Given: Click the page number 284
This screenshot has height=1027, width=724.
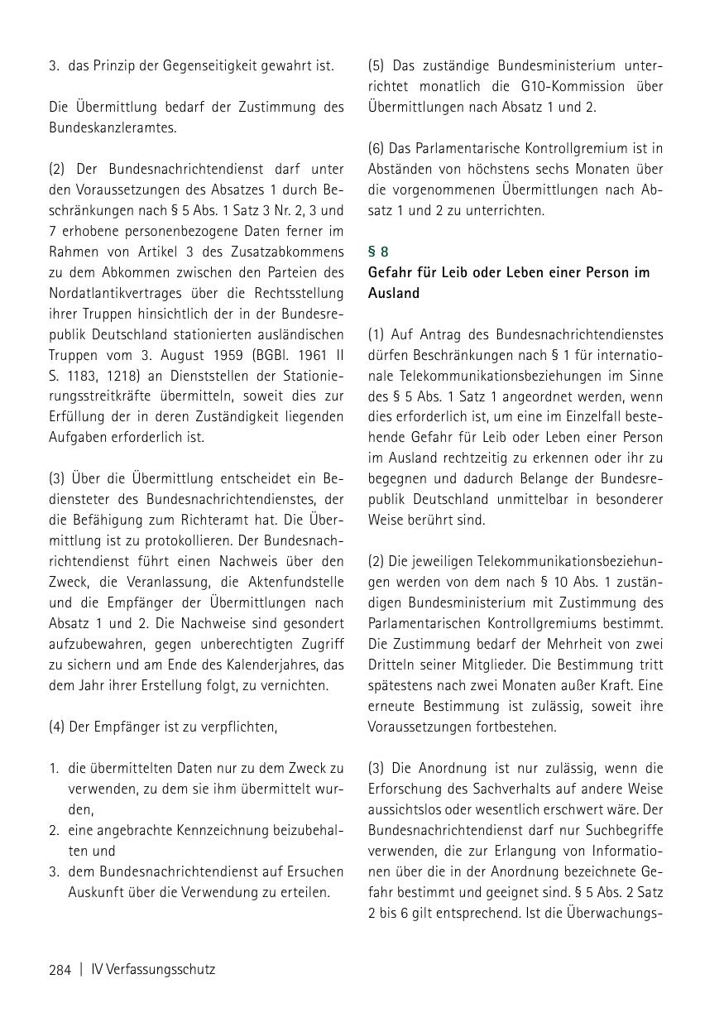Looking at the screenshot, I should [x=60, y=969].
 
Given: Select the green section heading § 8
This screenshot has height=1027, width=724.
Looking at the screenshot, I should [x=378, y=251].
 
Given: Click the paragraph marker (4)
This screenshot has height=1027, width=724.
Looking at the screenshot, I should [x=57, y=727].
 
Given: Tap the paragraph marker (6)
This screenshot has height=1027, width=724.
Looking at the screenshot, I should [x=376, y=148].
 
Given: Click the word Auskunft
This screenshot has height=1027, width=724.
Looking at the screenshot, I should [x=95, y=892].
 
